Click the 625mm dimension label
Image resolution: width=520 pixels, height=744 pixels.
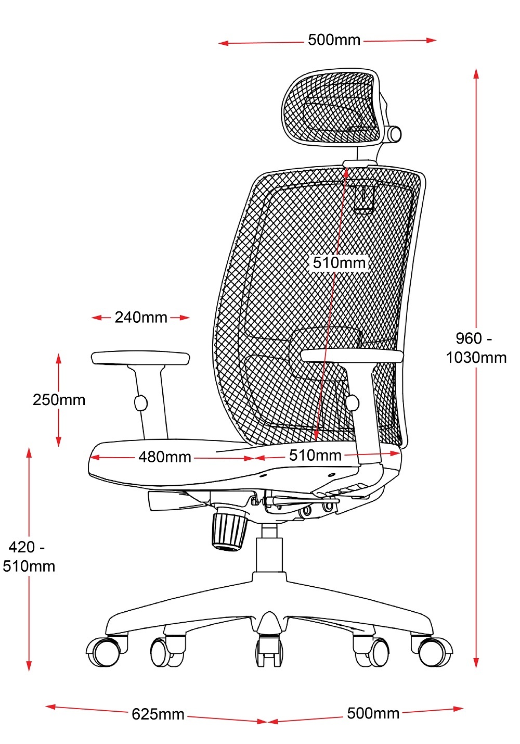click(158, 714)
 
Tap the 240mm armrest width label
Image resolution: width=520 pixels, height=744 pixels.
click(141, 317)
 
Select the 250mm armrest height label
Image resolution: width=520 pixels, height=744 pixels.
click(59, 399)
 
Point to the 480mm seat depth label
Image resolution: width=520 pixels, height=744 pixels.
click(164, 457)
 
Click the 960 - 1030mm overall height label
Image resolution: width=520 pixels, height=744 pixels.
click(476, 348)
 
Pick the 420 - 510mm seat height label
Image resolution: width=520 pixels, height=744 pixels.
click(29, 557)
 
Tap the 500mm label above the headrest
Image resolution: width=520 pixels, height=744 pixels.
click(334, 40)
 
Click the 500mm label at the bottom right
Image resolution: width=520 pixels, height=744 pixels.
click(373, 713)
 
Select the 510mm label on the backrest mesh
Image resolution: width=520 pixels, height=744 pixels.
click(339, 262)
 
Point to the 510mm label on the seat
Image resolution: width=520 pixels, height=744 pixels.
click(315, 455)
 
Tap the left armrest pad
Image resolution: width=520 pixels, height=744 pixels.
click(140, 358)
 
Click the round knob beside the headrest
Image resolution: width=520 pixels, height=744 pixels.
click(395, 134)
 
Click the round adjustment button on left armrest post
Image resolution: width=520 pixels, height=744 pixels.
click(140, 403)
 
